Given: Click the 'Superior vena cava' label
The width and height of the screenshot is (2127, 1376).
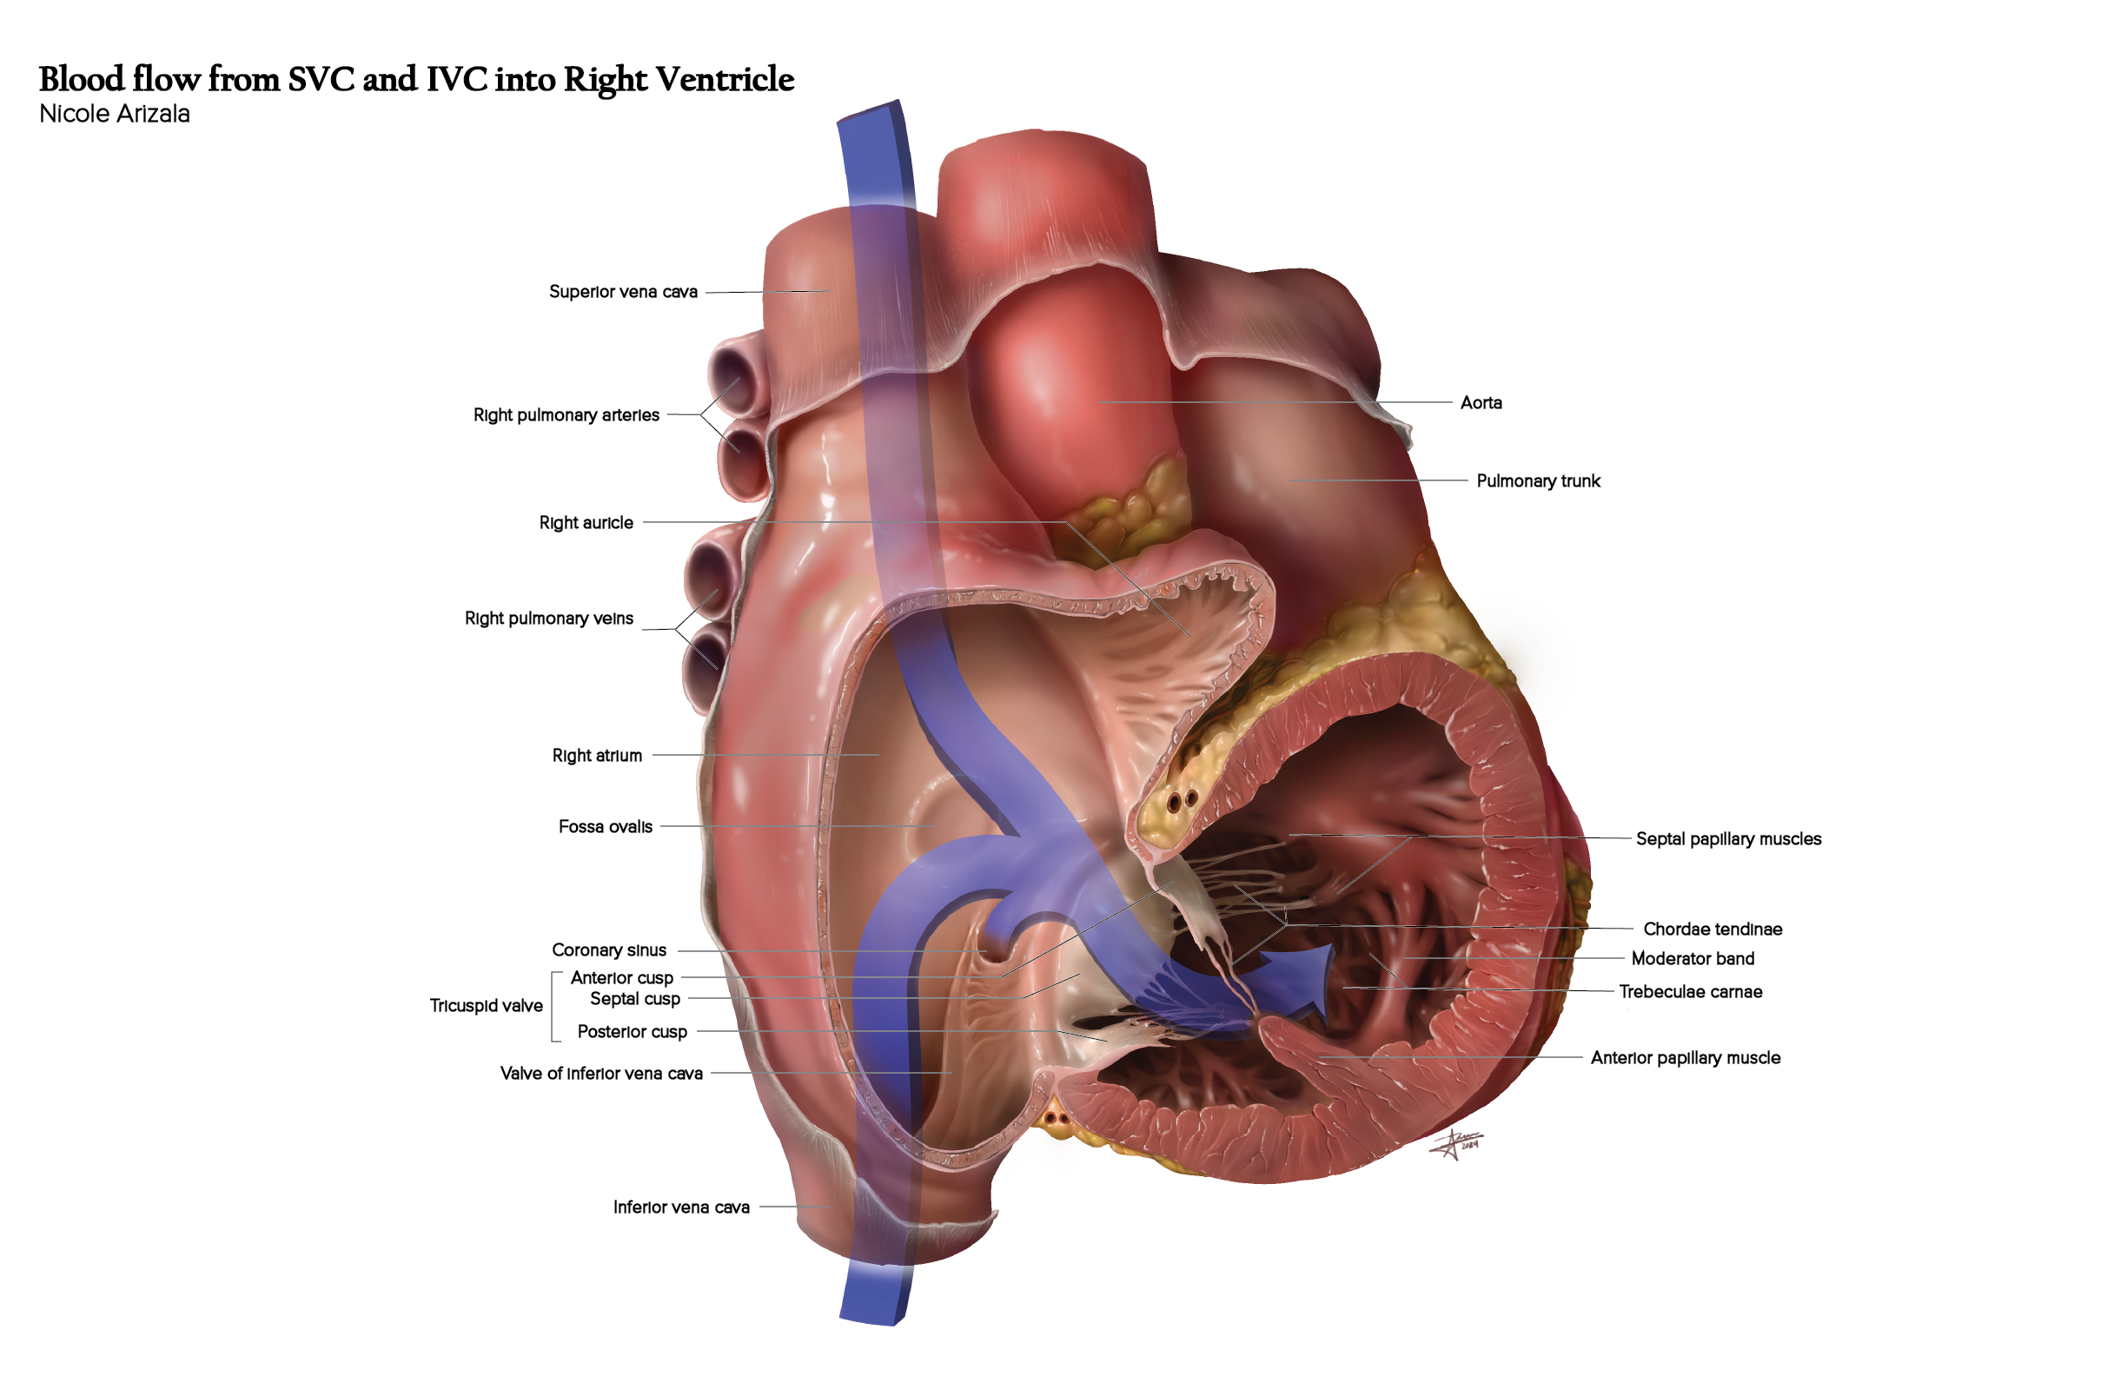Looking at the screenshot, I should pyautogui.click(x=623, y=292).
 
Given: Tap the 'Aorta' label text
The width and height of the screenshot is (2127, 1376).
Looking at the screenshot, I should pyautogui.click(x=1480, y=403).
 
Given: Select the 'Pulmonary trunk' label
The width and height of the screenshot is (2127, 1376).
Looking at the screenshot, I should pyautogui.click(x=1537, y=481).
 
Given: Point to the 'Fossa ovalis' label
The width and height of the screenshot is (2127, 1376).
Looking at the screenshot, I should pyautogui.click(x=605, y=827).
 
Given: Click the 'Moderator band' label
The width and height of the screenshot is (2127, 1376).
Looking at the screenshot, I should pyautogui.click(x=1692, y=959).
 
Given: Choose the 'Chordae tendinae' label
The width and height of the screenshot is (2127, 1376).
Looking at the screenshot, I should pyautogui.click(x=1712, y=929).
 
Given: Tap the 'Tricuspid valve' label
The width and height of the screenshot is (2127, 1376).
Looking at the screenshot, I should pyautogui.click(x=487, y=1006).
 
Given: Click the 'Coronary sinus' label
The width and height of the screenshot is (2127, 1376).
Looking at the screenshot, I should pyautogui.click(x=608, y=950).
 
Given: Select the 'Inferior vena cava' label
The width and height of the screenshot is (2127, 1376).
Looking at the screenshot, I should pyautogui.click(x=681, y=1208).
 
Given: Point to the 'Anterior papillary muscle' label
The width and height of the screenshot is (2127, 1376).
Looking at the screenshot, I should pyautogui.click(x=1685, y=1058).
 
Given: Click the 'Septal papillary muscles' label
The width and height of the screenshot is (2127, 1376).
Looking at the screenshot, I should pyautogui.click(x=1727, y=839).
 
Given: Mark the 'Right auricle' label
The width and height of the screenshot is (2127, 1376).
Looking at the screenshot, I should pyautogui.click(x=586, y=523).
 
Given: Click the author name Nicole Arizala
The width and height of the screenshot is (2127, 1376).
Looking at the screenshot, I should pyautogui.click(x=115, y=115).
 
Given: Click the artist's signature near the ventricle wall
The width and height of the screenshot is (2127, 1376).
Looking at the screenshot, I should pyautogui.click(x=1456, y=1145).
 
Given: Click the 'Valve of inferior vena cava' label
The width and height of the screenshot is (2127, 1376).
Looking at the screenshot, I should pyautogui.click(x=600, y=1074).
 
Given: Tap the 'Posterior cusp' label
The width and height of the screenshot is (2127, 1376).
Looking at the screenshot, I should pyautogui.click(x=632, y=1032).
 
